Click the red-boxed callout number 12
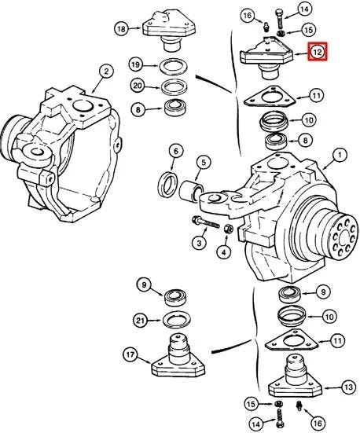tap(318, 51)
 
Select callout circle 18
tap(121, 28)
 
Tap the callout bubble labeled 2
tap(106, 72)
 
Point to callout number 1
tap(340, 155)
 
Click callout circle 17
tap(130, 354)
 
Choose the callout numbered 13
tap(349, 387)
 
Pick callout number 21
tap(141, 321)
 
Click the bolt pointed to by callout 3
tap(206, 222)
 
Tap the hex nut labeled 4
tap(228, 229)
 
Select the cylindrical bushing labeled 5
tap(191, 190)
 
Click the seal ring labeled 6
tap(167, 185)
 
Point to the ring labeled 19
tap(173, 66)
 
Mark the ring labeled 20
tap(174, 87)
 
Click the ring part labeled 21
tap(177, 320)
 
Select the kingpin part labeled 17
tap(178, 356)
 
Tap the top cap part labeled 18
tap(169, 31)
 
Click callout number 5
tap(204, 163)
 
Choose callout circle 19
tap(136, 64)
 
